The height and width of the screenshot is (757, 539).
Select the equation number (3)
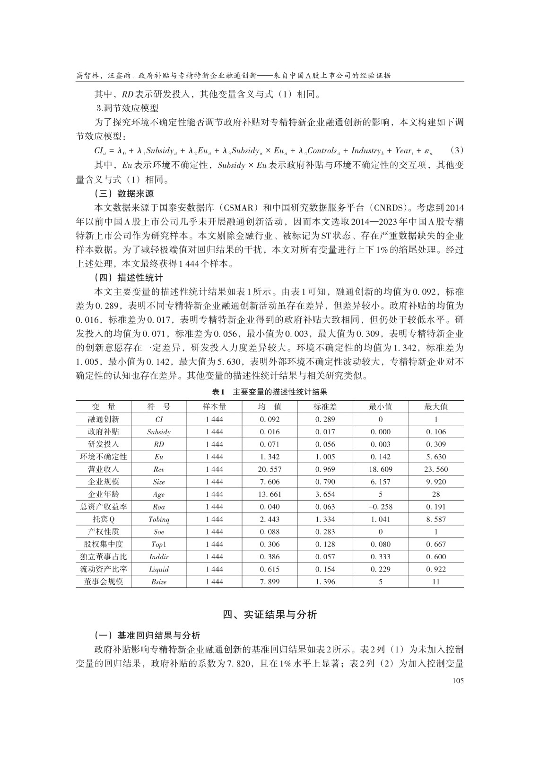point(456,151)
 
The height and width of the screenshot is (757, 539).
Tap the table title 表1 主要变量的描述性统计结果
point(269,392)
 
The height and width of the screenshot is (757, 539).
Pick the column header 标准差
point(325,406)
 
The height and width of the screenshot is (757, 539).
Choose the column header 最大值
point(436,406)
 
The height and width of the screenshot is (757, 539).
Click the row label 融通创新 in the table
point(104,419)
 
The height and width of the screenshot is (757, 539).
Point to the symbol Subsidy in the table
point(159,432)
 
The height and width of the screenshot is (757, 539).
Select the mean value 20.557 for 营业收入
point(270,469)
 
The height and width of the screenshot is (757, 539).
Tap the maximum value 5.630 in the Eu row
point(436,457)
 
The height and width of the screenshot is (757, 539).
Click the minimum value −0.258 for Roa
point(381,507)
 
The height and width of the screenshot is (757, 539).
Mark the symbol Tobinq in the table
point(159,519)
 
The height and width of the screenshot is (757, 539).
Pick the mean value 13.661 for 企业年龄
point(270,494)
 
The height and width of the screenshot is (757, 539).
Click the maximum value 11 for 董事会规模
point(436,582)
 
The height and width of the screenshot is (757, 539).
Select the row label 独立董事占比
point(104,557)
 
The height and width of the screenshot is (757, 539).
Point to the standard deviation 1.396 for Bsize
point(325,582)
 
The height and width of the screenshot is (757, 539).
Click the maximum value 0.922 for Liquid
point(436,569)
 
